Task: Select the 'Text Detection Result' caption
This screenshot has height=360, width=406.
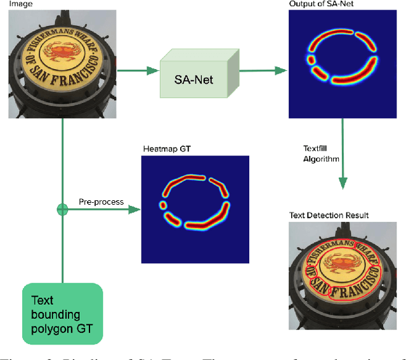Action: click(329, 215)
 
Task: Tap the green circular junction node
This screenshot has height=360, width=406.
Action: click(62, 209)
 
